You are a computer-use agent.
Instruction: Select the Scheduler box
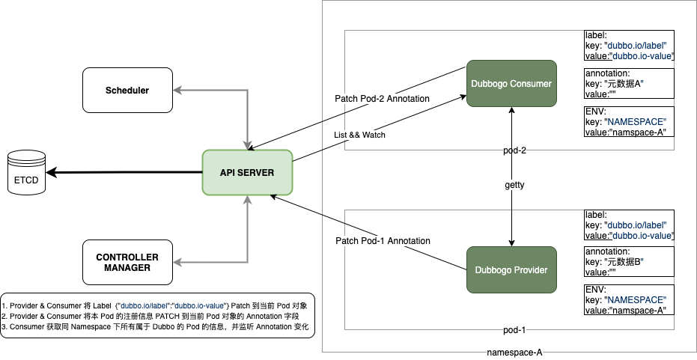tap(127, 91)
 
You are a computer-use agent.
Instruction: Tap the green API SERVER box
tap(247, 173)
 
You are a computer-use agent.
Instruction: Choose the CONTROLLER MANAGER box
tap(127, 262)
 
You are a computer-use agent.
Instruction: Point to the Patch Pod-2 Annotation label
tap(382, 99)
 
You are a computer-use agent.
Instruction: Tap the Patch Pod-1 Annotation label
tap(382, 241)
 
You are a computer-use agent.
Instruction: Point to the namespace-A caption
tap(514, 353)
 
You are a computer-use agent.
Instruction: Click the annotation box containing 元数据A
tap(630, 84)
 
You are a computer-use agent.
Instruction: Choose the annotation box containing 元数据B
tap(630, 263)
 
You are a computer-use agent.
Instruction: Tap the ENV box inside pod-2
tap(630, 122)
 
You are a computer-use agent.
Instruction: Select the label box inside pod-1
tap(630, 225)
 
